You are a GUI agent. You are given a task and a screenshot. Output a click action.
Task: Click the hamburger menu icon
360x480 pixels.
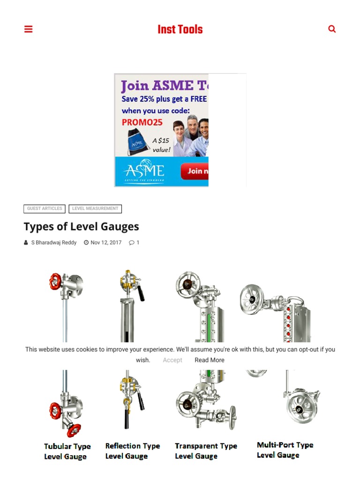point(29,29)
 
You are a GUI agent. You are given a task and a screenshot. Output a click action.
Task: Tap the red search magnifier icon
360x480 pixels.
point(332,29)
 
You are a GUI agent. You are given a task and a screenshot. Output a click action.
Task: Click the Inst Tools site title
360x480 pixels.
point(180,30)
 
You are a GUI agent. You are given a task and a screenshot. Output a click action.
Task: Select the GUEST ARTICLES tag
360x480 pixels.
point(45,209)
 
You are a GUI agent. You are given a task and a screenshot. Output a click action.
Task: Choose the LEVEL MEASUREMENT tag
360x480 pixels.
point(95,209)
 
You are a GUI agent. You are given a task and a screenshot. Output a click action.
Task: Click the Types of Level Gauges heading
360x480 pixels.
point(81,227)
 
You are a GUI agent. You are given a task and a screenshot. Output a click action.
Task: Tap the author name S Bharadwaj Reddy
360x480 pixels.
point(53,243)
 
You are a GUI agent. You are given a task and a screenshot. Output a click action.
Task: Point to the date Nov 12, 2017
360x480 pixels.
point(105,243)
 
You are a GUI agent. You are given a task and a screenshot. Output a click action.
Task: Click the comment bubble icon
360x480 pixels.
point(132,243)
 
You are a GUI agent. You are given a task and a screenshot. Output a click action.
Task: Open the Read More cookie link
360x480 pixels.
point(210,360)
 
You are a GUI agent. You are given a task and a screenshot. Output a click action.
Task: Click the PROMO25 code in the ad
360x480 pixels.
point(142,122)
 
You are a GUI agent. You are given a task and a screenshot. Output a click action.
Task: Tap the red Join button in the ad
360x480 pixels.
point(195,171)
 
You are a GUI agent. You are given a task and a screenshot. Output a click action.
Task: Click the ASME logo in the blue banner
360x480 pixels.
point(143,171)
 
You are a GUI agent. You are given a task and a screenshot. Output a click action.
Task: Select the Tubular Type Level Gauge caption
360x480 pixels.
point(67,451)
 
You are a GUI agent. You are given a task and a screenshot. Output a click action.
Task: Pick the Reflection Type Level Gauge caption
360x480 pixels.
point(132,451)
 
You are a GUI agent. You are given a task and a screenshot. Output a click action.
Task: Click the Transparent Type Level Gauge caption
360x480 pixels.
point(206,451)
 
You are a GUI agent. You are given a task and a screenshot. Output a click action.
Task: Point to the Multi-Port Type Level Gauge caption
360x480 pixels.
point(285,450)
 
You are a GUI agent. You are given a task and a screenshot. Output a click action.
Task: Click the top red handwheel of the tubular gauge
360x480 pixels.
point(55,281)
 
